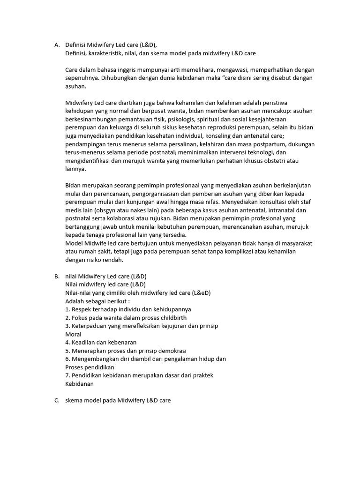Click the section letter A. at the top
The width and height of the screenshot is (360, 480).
click(57, 45)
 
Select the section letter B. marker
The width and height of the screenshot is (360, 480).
click(57, 276)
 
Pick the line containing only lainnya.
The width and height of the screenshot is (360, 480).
click(76, 169)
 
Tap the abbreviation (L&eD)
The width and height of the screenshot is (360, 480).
click(201, 293)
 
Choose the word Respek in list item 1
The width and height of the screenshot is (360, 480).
click(82, 309)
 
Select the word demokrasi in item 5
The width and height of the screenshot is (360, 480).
click(172, 351)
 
